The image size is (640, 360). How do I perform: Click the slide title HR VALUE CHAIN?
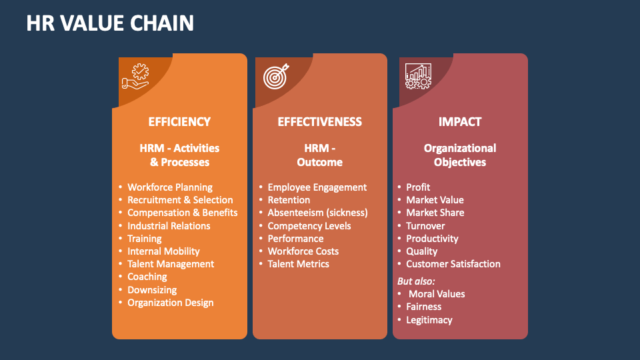pyautogui.click(x=110, y=23)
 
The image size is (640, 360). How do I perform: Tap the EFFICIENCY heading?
pyautogui.click(x=179, y=122)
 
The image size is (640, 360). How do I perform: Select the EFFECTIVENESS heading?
pyautogui.click(x=319, y=122)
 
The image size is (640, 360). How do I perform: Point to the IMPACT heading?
pyautogui.click(x=460, y=122)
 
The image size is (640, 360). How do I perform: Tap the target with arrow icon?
pyautogui.click(x=276, y=77)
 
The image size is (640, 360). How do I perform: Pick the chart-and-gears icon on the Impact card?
pyautogui.click(x=418, y=77)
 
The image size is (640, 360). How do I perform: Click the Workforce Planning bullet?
pyautogui.click(x=170, y=187)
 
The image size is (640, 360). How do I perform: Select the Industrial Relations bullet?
pyautogui.click(x=169, y=226)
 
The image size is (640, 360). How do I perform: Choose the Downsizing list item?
pyautogui.click(x=152, y=290)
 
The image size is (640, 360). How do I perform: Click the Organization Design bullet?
pyautogui.click(x=171, y=303)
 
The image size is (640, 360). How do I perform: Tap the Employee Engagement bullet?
pyautogui.click(x=317, y=187)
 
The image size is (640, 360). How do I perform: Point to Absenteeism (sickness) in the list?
pyautogui.click(x=317, y=213)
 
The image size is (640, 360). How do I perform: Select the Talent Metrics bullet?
pyautogui.click(x=298, y=264)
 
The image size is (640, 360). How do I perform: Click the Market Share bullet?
pyautogui.click(x=435, y=213)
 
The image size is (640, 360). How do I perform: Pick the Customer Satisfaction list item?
pyautogui.click(x=453, y=264)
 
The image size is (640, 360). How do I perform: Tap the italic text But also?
pyautogui.click(x=416, y=281)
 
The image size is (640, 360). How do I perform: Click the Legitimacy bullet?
pyautogui.click(x=429, y=320)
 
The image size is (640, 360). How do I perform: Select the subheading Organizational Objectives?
pyautogui.click(x=460, y=155)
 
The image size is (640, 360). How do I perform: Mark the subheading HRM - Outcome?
pyautogui.click(x=319, y=155)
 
